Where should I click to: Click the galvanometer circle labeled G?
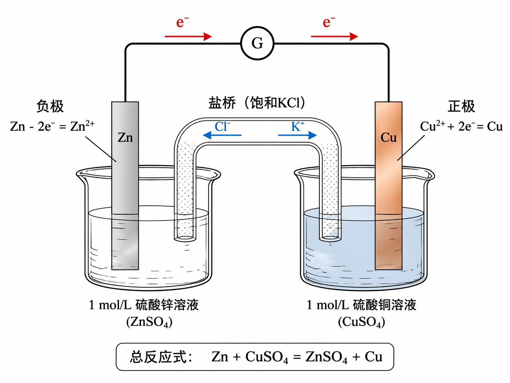257,43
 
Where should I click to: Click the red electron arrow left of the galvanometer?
188,36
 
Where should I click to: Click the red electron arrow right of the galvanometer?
334,36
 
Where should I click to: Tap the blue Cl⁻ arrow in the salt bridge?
222,135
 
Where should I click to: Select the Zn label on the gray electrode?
125,138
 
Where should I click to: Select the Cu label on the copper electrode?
388,138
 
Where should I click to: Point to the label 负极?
50,106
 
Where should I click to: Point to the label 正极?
461,106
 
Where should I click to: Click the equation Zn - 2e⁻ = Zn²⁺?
52,126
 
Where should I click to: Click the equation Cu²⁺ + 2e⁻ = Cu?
461,126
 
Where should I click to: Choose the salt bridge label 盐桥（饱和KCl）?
257,103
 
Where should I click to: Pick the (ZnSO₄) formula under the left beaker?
149,322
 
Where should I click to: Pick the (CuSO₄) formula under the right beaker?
361,322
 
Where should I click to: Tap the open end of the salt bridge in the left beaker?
185,238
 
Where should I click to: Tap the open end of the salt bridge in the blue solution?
330,238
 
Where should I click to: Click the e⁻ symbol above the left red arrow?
182,22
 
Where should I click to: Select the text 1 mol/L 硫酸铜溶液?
361,305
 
